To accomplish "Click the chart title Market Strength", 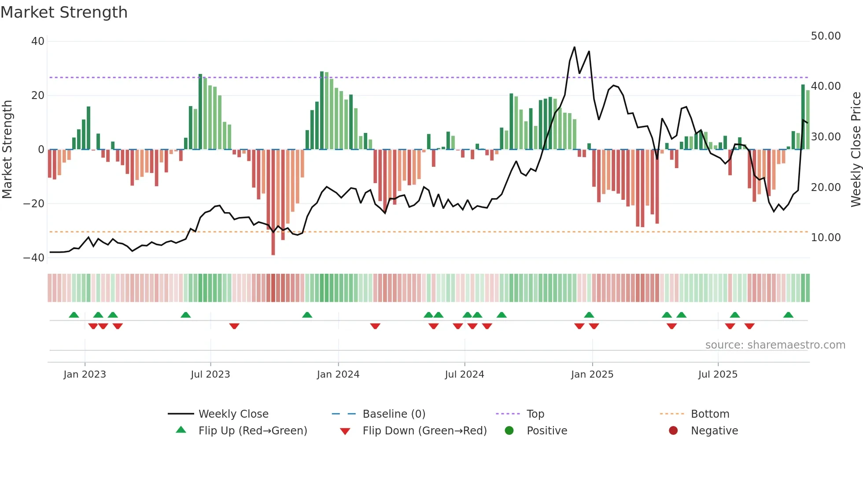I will [64, 12].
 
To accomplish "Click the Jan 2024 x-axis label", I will [338, 375].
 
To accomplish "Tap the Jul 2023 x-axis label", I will [210, 375].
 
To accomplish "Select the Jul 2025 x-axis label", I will [717, 375].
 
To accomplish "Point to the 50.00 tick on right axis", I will [826, 36].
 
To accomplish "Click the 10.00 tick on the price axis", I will [826, 238].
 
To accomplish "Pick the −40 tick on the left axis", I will [34, 258].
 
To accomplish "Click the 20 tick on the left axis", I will [38, 96].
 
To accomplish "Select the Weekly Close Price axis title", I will [856, 150].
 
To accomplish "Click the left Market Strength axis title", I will [7, 150].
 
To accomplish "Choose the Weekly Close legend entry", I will [233, 414].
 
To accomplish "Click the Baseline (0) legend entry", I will [394, 414].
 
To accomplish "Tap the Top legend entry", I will [535, 414].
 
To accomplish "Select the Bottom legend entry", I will [710, 414].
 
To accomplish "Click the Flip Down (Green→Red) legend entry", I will [424, 431].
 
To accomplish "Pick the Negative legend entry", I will [714, 431].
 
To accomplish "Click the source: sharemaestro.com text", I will [775, 345].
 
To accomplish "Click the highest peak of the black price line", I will [574, 47].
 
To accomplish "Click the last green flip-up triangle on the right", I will [788, 315].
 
